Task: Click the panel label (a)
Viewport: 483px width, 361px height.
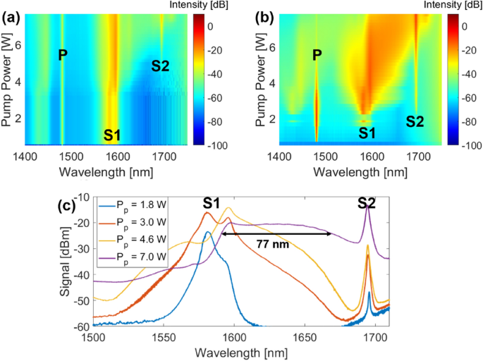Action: click(x=11, y=11)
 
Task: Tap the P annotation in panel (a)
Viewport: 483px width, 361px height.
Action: click(x=63, y=54)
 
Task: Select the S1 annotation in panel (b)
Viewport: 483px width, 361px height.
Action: click(x=366, y=133)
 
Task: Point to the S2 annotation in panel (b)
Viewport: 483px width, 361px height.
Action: click(x=415, y=121)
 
